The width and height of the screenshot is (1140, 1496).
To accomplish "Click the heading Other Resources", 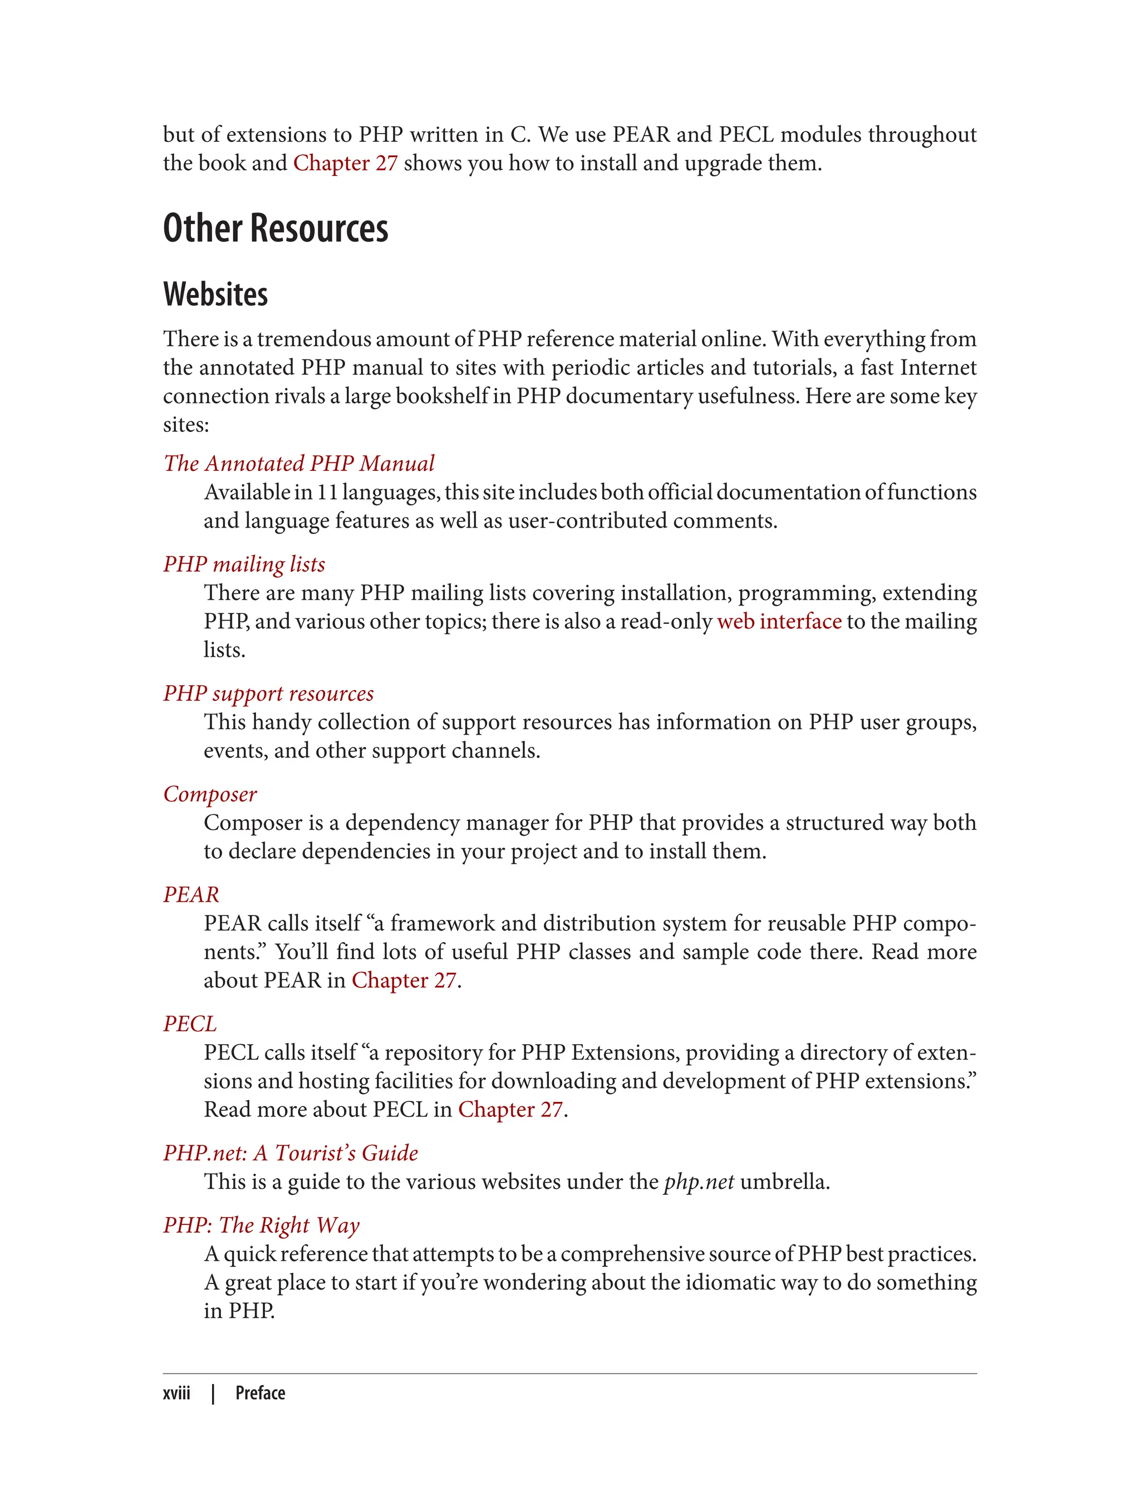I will [276, 228].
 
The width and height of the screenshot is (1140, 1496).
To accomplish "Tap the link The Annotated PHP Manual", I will [298, 464].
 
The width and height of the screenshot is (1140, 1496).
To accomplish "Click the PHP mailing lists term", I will [244, 564].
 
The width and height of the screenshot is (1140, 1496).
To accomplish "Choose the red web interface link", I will [779, 622].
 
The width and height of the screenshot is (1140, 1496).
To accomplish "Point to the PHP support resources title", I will [268, 693].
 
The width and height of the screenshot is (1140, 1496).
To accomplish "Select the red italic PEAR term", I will [191, 895].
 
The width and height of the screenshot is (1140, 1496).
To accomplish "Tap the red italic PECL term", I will [190, 1024].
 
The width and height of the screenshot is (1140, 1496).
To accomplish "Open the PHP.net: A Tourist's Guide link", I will [291, 1153].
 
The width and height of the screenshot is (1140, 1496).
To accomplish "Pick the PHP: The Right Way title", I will [261, 1226].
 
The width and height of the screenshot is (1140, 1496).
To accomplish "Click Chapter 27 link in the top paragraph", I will [345, 164].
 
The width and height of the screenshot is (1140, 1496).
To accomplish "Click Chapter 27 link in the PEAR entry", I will [404, 981].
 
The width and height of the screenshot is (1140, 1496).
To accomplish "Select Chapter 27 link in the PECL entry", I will [510, 1109].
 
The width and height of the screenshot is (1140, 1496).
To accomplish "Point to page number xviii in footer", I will [176, 1394].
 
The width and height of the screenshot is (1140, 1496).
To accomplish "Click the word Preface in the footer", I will [260, 1394].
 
